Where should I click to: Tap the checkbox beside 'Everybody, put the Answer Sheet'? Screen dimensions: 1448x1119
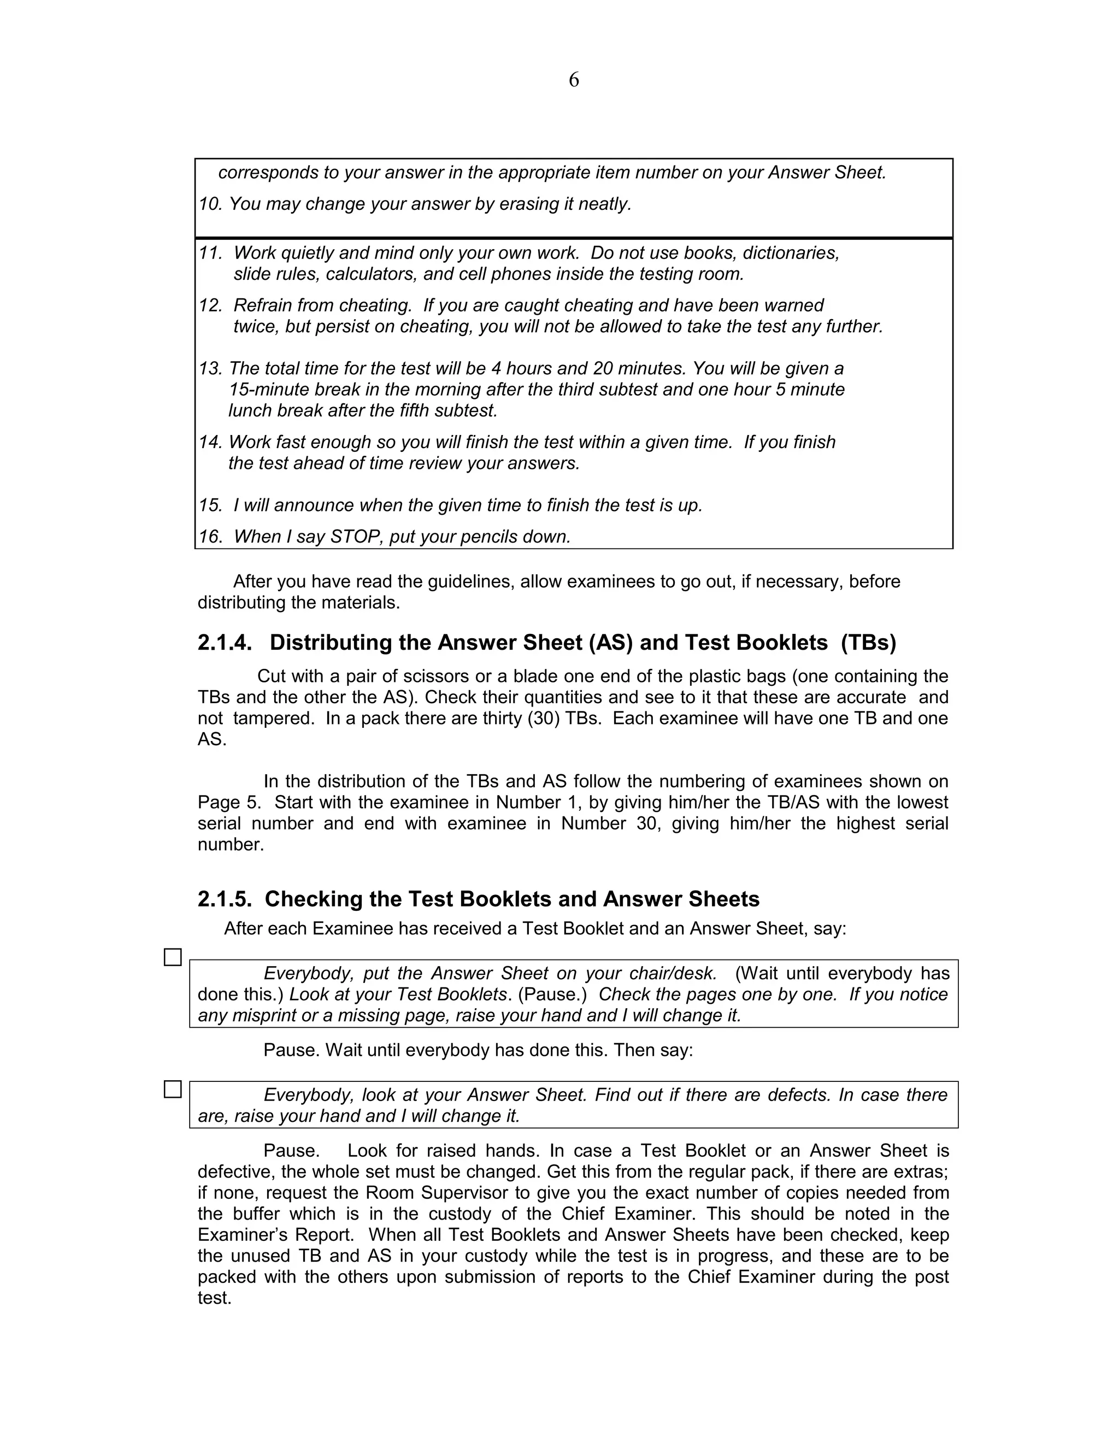(x=172, y=957)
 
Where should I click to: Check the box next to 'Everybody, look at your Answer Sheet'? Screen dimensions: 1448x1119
(x=172, y=1090)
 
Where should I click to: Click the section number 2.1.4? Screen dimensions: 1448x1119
(x=225, y=643)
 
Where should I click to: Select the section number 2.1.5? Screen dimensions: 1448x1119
(x=225, y=899)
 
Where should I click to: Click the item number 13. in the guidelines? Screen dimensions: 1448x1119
(x=210, y=369)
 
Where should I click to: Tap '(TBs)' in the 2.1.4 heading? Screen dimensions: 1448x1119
(x=868, y=643)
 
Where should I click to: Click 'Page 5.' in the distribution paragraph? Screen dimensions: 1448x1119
(x=229, y=802)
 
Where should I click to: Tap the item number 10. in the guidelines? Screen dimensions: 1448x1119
(x=210, y=204)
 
